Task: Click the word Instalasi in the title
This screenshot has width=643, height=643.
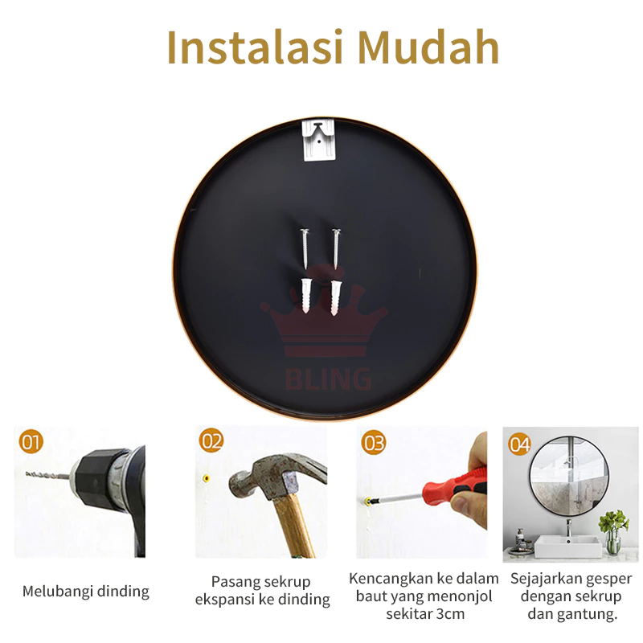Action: pos(255,47)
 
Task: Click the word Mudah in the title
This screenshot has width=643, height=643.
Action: pos(428,47)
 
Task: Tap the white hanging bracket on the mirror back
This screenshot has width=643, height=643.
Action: pos(318,140)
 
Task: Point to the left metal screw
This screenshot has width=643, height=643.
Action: pos(305,249)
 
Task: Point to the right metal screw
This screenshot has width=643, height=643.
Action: pos(336,249)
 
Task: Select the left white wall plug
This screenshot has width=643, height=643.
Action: pos(306,296)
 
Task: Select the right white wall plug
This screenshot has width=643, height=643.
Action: pos(336,297)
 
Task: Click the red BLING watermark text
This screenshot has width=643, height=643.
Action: pos(328,378)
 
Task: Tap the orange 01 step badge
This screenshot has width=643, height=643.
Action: pos(31,441)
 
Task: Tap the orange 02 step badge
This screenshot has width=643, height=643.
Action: pos(211,440)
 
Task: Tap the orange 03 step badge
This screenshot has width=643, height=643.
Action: pos(373,443)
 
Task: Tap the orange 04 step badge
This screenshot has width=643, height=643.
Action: pos(519,444)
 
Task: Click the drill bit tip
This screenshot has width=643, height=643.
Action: pos(27,473)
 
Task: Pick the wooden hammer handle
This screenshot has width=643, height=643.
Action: pos(294,526)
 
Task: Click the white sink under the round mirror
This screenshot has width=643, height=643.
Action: pos(567,545)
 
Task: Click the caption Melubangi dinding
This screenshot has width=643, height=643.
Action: pos(86,592)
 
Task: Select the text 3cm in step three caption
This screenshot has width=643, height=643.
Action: pos(450,614)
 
